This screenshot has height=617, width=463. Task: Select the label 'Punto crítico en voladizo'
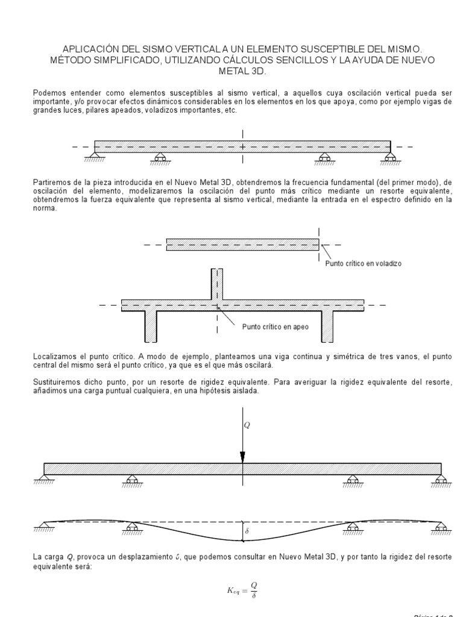click(x=363, y=263)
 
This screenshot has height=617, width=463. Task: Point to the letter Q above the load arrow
click(x=247, y=425)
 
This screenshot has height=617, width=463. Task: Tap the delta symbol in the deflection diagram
click(x=247, y=531)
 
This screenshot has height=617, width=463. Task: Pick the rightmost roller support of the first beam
click(x=391, y=157)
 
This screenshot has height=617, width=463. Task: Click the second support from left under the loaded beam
click(x=132, y=480)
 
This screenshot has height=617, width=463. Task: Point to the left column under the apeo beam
click(x=151, y=326)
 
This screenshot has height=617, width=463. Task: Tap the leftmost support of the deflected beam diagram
click(x=43, y=525)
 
